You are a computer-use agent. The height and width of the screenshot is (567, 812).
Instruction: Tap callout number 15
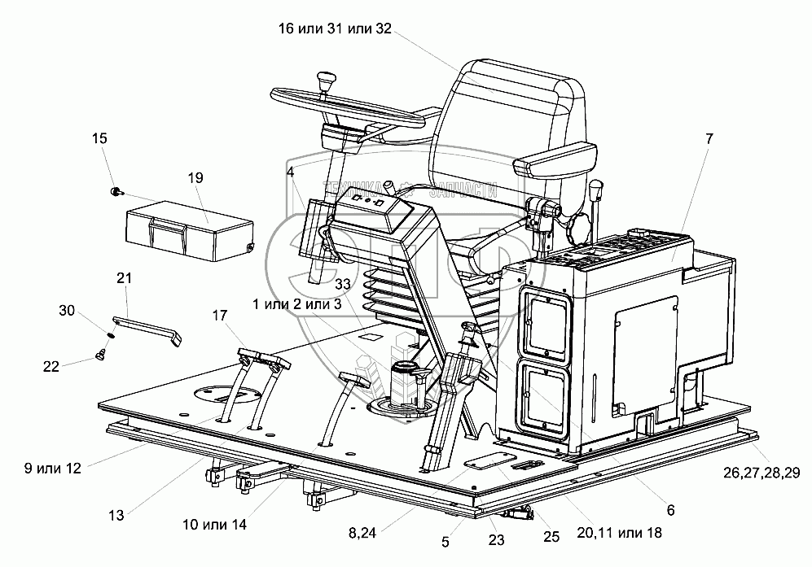pos(99,139)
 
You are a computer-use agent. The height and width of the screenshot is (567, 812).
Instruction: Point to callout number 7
pos(709,139)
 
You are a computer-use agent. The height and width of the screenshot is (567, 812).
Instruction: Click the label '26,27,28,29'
pos(759,473)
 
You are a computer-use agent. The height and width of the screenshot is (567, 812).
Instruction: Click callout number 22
pos(51,367)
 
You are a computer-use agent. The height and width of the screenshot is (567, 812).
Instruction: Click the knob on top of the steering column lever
pos(327,81)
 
